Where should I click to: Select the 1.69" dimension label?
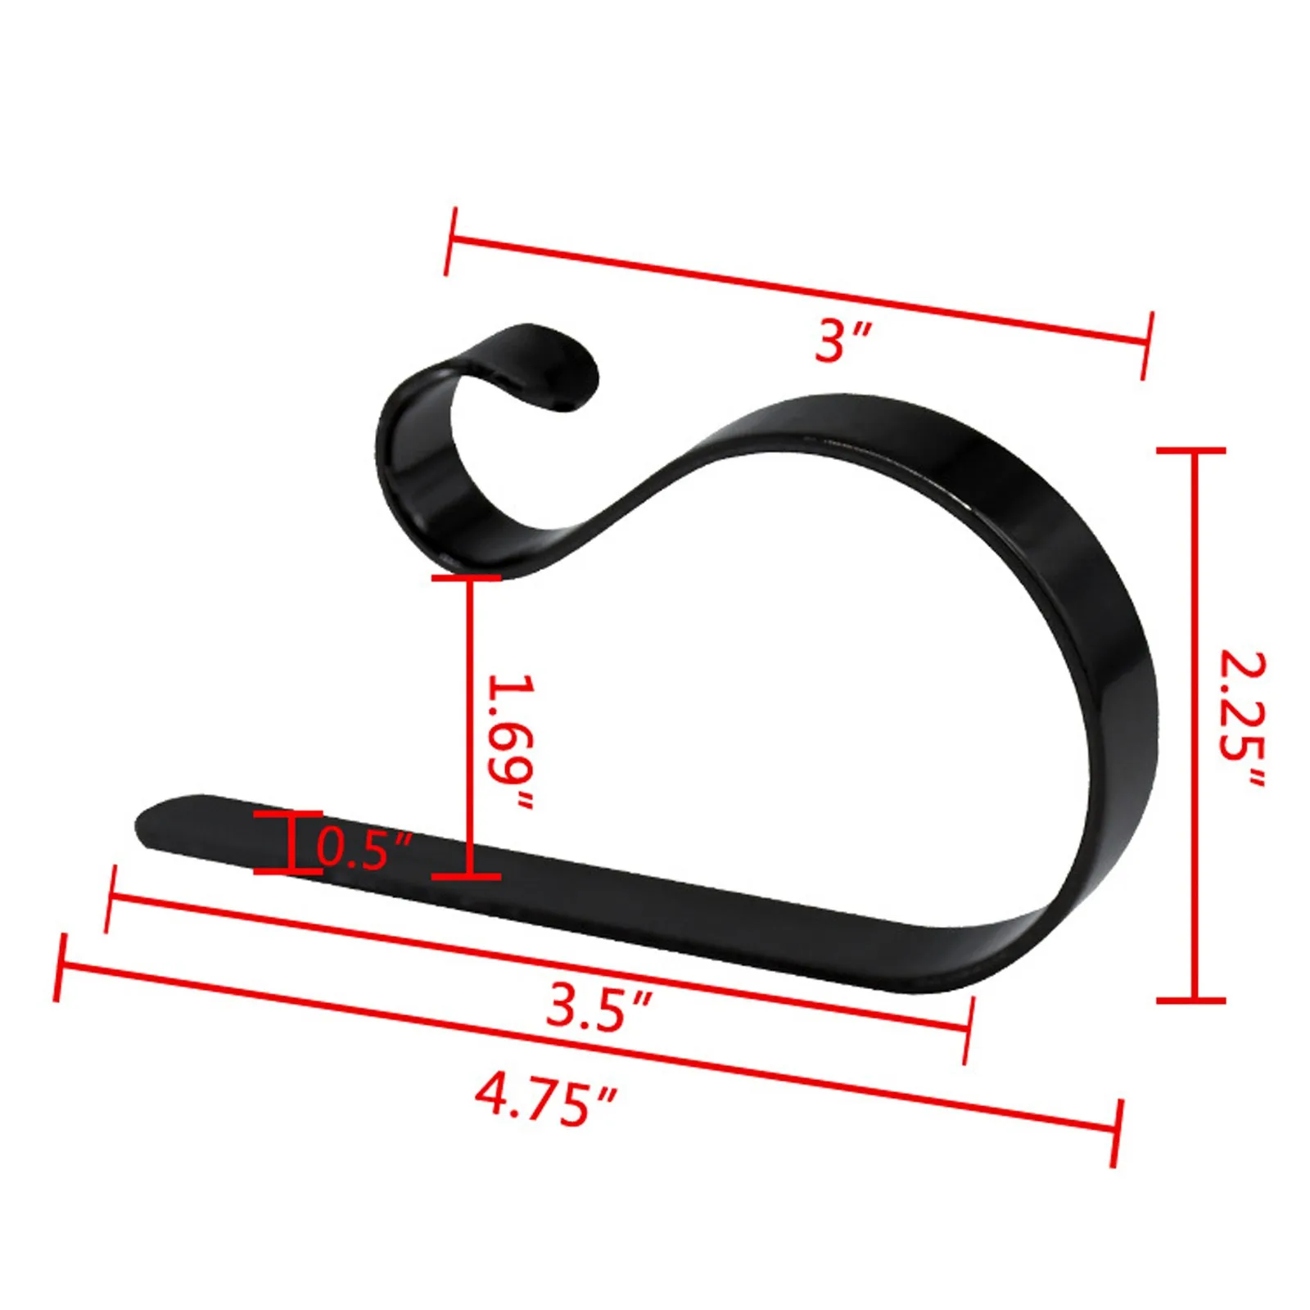511,742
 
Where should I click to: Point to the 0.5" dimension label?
363,849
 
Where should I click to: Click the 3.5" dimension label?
599,1007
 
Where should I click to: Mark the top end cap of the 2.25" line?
1191,450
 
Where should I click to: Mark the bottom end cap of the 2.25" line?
1191,1000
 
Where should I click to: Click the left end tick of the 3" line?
449,241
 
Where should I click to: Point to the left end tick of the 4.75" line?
59,967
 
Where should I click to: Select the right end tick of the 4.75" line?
1117,1133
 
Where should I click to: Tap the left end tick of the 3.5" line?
111,898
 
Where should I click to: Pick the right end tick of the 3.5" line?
968,1029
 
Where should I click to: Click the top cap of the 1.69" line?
467,578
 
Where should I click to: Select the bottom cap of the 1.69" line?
467,876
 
